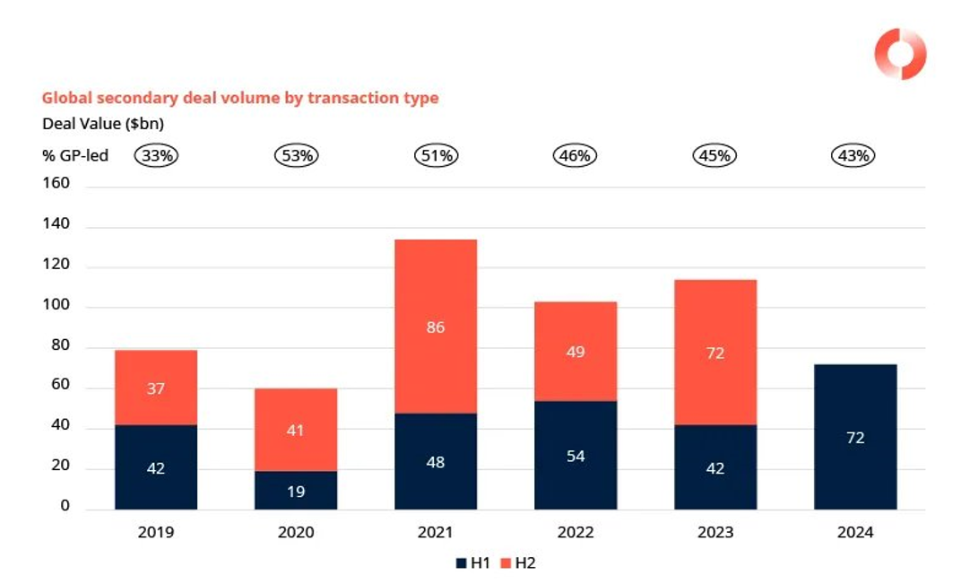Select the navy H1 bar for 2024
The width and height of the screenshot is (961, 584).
click(x=855, y=437)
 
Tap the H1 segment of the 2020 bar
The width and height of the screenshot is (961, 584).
click(x=296, y=490)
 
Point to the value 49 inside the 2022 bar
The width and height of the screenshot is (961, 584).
click(x=576, y=352)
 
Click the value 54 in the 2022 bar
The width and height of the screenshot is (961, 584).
click(x=576, y=456)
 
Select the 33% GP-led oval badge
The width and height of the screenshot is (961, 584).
click(x=157, y=155)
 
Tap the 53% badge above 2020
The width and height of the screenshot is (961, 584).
click(x=297, y=155)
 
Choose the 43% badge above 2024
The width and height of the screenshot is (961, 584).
click(x=853, y=155)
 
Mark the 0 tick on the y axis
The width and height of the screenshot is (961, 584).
click(x=65, y=507)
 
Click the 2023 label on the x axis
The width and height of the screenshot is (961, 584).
click(x=714, y=532)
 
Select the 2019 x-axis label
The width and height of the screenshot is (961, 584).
click(x=156, y=532)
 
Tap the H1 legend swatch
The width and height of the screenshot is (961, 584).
click(x=460, y=563)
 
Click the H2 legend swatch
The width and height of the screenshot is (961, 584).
click(x=506, y=563)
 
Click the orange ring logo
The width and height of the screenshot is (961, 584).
click(x=900, y=54)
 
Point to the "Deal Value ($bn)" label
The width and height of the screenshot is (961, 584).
click(x=103, y=124)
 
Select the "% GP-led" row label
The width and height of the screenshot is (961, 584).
click(x=75, y=155)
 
